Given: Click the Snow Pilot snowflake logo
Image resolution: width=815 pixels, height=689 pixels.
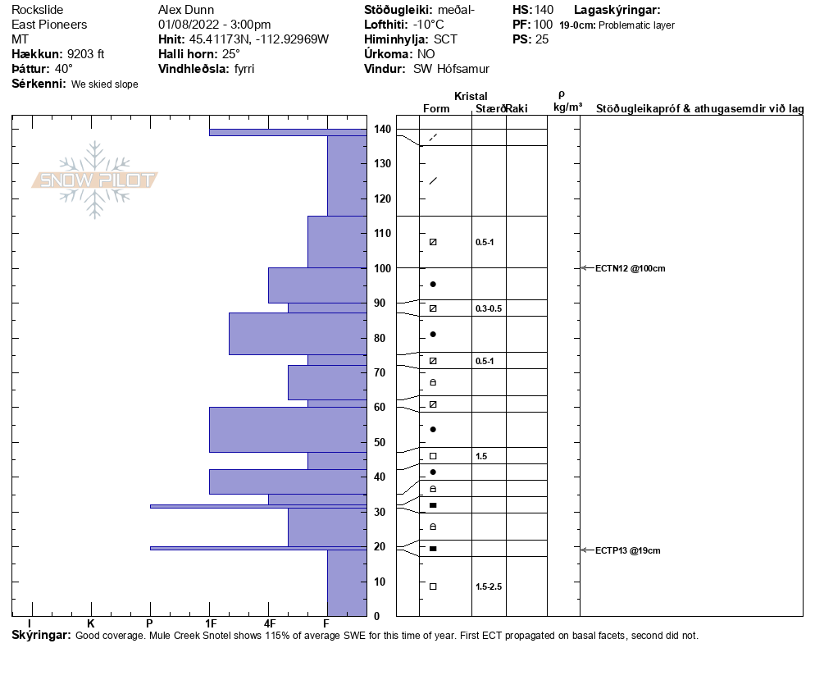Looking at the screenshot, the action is (x=94, y=180).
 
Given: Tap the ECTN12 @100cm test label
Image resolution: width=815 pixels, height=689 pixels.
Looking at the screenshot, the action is (x=630, y=268).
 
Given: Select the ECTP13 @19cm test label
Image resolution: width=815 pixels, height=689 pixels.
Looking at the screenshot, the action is (x=627, y=550).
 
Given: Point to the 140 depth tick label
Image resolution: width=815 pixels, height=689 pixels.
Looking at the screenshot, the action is (x=382, y=129).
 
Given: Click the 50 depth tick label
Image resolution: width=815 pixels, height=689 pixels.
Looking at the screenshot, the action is (x=380, y=442).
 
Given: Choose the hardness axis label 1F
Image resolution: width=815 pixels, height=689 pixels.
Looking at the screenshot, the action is (x=211, y=623).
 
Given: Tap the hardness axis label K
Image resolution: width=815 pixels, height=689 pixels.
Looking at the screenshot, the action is (x=90, y=623).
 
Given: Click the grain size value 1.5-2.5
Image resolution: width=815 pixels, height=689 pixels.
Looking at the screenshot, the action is (x=489, y=586).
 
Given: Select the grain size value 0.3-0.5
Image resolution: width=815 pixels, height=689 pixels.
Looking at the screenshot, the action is (x=489, y=308).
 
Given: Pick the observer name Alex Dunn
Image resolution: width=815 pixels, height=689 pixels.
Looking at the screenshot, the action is (x=186, y=10).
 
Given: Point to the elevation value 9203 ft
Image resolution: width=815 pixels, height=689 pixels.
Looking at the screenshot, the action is (x=86, y=54).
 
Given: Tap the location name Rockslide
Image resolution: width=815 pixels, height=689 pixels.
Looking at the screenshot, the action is (x=38, y=10).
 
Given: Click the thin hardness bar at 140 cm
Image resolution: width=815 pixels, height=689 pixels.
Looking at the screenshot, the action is (x=288, y=133).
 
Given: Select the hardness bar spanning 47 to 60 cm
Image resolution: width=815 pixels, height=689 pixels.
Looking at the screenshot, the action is (x=288, y=430).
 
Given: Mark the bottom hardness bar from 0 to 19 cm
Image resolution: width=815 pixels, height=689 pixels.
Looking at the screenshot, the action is (x=347, y=583).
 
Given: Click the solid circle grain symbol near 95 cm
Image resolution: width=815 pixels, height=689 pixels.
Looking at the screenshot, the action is (x=433, y=284).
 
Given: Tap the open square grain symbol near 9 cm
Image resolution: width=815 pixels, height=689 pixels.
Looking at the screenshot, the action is (x=433, y=586).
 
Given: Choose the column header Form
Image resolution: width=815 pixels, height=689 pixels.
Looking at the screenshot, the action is (x=436, y=108).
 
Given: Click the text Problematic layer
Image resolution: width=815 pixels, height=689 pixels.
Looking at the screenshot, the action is (x=637, y=25).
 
